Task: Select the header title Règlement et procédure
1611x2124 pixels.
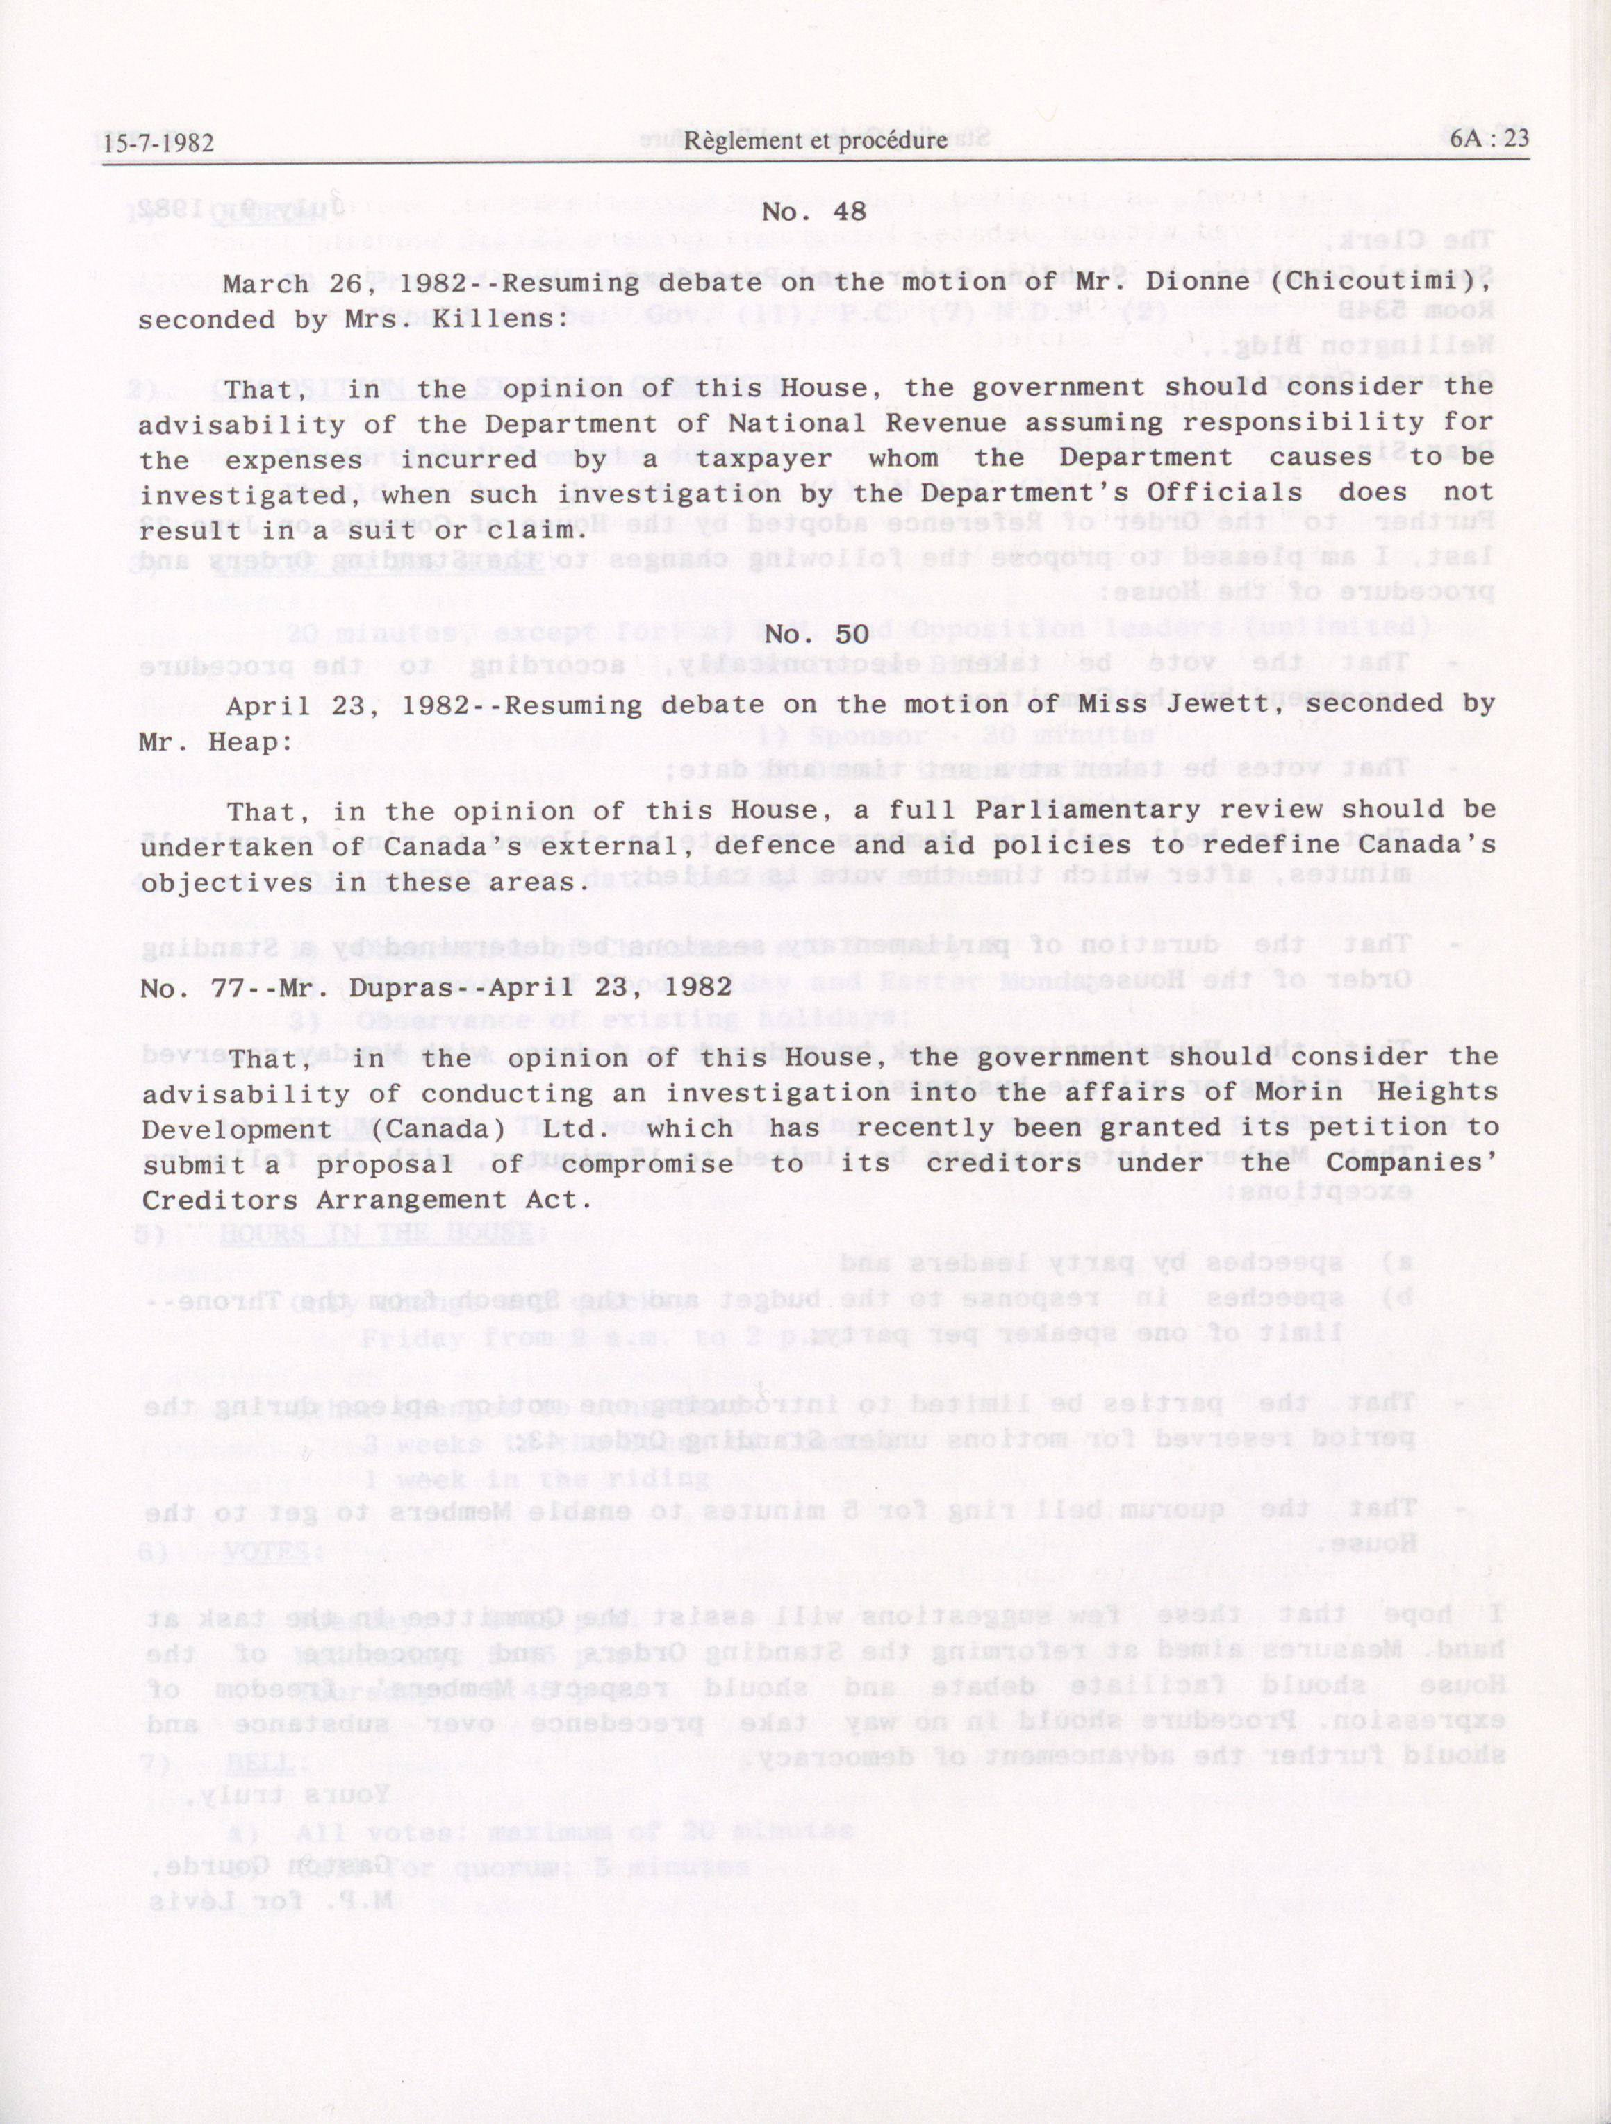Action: [816, 141]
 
